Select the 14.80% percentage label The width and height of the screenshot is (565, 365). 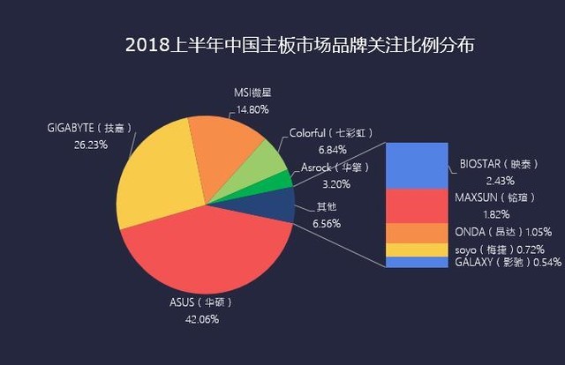pos(252,110)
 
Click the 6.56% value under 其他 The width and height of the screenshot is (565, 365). pos(328,223)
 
